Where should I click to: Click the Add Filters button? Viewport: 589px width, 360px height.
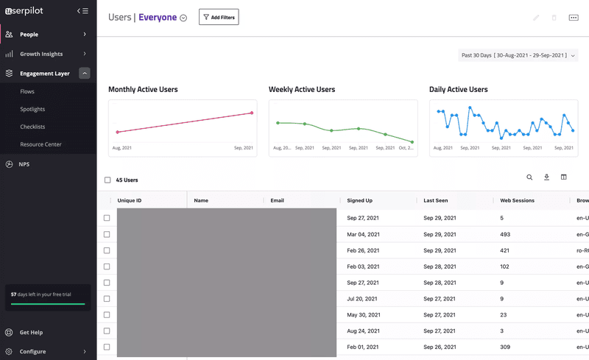219,17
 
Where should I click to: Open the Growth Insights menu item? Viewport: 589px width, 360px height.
41,54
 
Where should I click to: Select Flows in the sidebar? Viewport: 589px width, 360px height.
27,91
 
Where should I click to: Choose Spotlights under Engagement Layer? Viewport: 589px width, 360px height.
32,109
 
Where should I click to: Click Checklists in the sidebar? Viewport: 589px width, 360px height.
32,127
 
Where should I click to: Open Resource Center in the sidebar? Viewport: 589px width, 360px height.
40,144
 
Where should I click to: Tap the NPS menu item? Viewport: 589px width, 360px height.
24,164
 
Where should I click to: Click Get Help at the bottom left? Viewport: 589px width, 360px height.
31,333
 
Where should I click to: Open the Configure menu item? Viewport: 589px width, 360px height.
32,351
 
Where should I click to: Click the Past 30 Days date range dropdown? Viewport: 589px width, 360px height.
518,55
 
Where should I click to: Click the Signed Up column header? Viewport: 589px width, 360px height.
360,200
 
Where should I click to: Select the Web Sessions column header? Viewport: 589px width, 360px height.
517,200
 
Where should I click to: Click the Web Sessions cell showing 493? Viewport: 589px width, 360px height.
506,234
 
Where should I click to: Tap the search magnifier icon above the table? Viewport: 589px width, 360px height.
529,177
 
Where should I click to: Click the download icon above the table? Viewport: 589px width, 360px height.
547,177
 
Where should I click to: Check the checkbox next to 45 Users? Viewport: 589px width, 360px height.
107,180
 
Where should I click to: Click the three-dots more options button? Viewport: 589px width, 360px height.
574,18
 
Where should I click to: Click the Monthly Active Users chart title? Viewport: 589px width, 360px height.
143,90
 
